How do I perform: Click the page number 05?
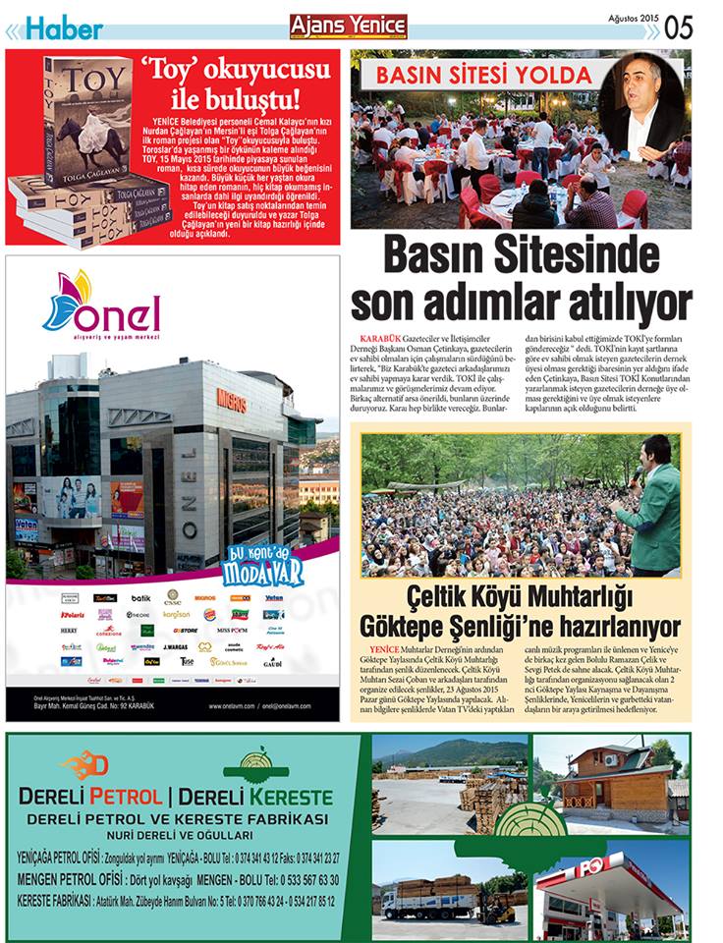(x=679, y=28)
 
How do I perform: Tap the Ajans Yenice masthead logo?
(x=348, y=27)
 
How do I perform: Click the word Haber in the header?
(x=63, y=28)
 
